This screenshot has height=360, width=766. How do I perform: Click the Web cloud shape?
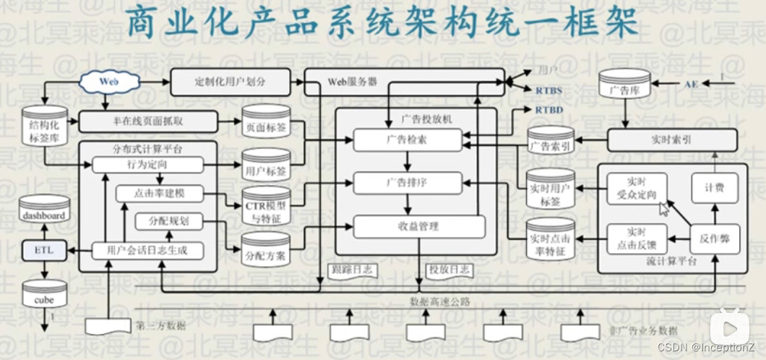point(108,82)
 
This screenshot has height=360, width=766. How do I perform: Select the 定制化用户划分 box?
point(230,82)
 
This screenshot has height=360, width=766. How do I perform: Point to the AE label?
point(692,85)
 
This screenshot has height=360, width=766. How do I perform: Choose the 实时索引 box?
point(672,140)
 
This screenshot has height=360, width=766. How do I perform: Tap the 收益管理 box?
point(418,226)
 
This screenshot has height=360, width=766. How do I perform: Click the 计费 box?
point(715,188)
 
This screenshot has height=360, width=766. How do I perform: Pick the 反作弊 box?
point(714,239)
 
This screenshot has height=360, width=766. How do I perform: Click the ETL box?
point(44,250)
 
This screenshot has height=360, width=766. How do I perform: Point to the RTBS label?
point(548,90)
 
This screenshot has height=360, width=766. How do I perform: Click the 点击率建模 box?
point(160,194)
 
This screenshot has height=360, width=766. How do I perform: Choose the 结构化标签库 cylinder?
point(44,127)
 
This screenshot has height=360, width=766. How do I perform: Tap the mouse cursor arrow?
point(663,210)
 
